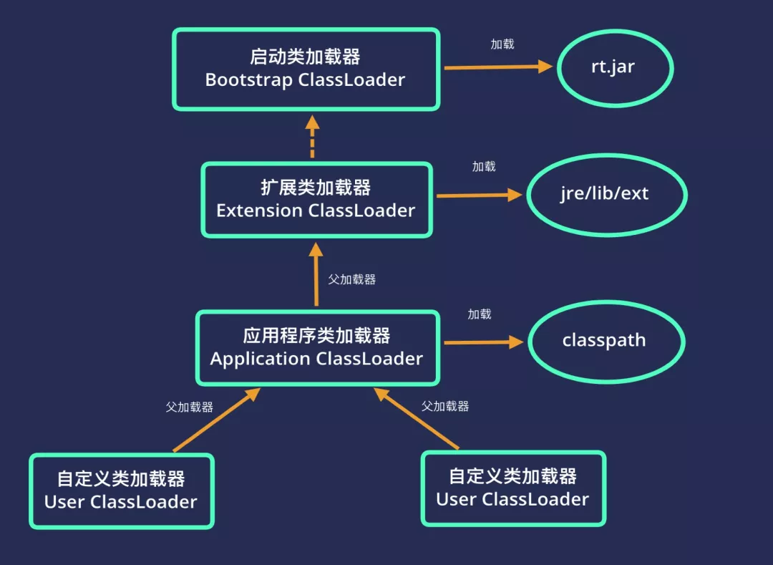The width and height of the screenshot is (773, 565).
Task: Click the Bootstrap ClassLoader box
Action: point(306,69)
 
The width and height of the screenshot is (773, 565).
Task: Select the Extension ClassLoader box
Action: point(316,200)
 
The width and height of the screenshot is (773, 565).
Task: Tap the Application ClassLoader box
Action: point(316,347)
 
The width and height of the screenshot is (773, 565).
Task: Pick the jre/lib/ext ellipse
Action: point(606,195)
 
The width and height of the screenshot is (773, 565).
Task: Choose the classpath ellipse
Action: point(606,341)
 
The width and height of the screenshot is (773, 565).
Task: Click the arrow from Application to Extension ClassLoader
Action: point(316,275)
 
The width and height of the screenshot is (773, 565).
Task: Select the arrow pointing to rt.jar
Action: point(497,67)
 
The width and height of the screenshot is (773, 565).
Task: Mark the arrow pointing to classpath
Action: point(484,342)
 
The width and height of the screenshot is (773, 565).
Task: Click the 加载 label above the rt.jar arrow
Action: point(502,44)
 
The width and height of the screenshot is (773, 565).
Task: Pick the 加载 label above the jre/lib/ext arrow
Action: point(484,167)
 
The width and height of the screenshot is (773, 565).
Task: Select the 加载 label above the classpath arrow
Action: point(480,314)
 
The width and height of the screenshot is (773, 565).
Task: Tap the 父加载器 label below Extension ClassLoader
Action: point(351,279)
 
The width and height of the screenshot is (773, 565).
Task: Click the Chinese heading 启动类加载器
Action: point(305,57)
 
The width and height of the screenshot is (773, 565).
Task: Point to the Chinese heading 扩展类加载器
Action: point(316,188)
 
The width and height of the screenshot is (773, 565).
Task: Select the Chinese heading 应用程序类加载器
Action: point(316,335)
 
